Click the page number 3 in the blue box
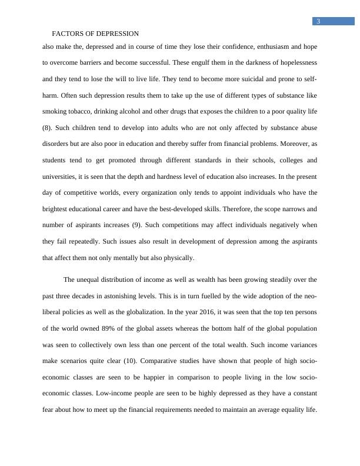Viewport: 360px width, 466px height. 318,22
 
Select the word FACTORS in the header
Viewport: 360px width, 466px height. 66,34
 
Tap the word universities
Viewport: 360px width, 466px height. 64,176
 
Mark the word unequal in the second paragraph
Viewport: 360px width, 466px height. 89,279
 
